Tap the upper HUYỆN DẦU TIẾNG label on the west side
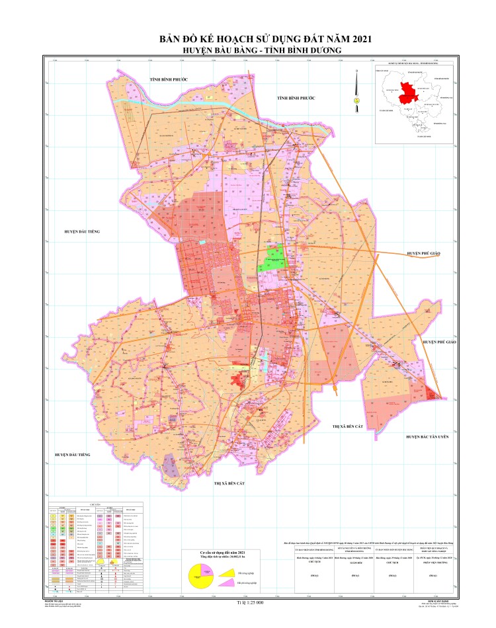coord(81,232)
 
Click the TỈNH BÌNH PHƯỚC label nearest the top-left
coord(169,79)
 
